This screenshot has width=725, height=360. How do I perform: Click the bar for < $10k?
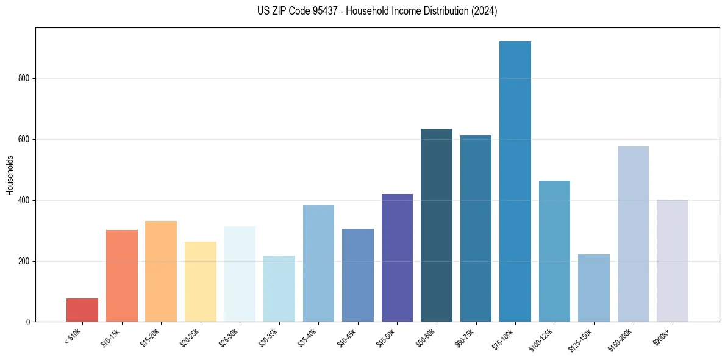[82, 310]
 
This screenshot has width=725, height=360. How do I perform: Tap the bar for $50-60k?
[437, 225]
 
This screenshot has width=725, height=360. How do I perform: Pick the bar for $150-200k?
[633, 234]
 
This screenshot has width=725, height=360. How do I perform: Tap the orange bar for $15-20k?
[161, 272]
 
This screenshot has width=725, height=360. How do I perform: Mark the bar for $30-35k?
[279, 289]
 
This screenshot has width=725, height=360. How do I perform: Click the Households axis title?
[10, 175]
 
